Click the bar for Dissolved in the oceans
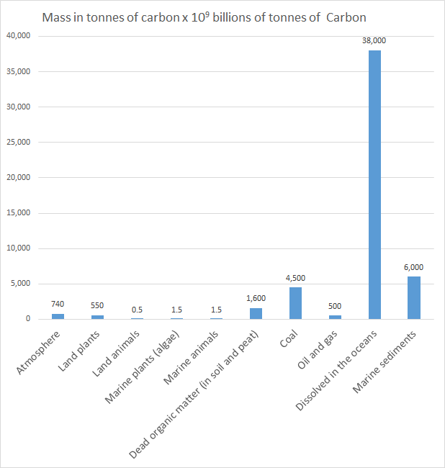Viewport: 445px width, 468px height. [374, 184]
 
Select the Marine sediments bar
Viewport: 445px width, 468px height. [413, 298]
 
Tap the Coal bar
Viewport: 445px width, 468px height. [295, 303]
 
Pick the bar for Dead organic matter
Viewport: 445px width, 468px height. [256, 313]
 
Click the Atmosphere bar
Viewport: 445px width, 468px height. [58, 316]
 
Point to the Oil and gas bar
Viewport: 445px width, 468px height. [335, 317]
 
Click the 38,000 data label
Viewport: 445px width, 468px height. [374, 41]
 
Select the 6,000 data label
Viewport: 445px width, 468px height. [413, 267]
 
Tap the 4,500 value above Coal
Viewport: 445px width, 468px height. [295, 278]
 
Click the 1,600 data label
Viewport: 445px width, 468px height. [256, 298]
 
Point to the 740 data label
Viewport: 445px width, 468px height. [58, 304]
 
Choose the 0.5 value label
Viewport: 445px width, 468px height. [137, 309]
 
